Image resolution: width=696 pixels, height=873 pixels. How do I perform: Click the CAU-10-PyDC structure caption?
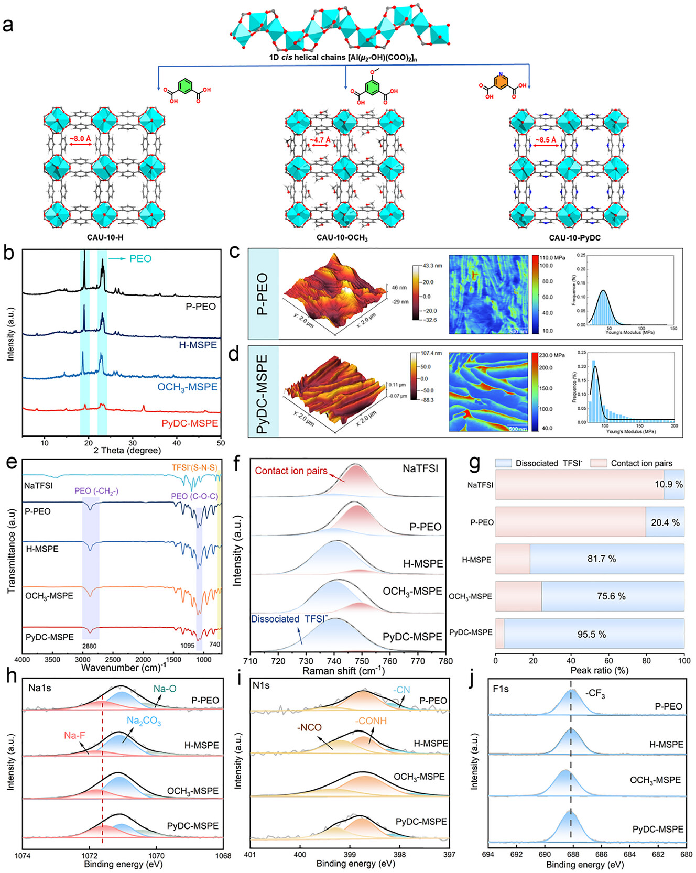click(574, 238)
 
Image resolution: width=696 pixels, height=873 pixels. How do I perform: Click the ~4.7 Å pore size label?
click(319, 140)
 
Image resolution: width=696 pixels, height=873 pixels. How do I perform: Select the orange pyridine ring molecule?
click(502, 81)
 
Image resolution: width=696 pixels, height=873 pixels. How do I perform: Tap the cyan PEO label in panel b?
click(140, 258)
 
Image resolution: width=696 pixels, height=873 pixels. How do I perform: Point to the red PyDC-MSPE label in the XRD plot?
click(190, 423)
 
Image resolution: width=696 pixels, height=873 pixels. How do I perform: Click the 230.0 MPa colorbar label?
click(552, 355)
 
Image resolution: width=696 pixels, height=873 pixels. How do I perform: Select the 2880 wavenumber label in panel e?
click(90, 646)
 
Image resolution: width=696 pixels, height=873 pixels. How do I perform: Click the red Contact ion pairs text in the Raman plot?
click(291, 471)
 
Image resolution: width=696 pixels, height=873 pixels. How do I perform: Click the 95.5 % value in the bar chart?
click(592, 635)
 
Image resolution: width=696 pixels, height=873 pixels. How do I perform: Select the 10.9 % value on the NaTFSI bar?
click(668, 484)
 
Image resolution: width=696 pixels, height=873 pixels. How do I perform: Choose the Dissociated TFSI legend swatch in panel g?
click(504, 463)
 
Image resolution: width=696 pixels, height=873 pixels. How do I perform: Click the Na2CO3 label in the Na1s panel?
click(144, 722)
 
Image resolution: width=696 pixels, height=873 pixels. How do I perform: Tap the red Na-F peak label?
click(74, 736)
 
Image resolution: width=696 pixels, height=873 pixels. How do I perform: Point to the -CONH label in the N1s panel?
click(371, 721)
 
